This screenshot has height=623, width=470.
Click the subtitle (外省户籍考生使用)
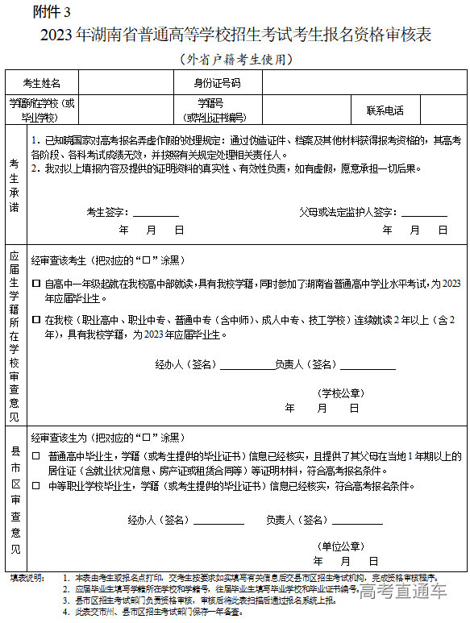[234, 59]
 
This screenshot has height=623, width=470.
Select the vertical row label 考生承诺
[15, 185]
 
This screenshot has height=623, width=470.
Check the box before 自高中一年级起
[35, 285]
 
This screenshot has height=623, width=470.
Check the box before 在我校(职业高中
[35, 320]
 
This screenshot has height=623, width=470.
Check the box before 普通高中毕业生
[35, 456]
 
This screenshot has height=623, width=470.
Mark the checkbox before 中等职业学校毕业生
[35, 486]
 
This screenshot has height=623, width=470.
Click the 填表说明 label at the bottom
[26, 578]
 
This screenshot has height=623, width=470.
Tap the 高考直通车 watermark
[402, 593]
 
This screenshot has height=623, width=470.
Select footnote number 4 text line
[153, 612]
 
